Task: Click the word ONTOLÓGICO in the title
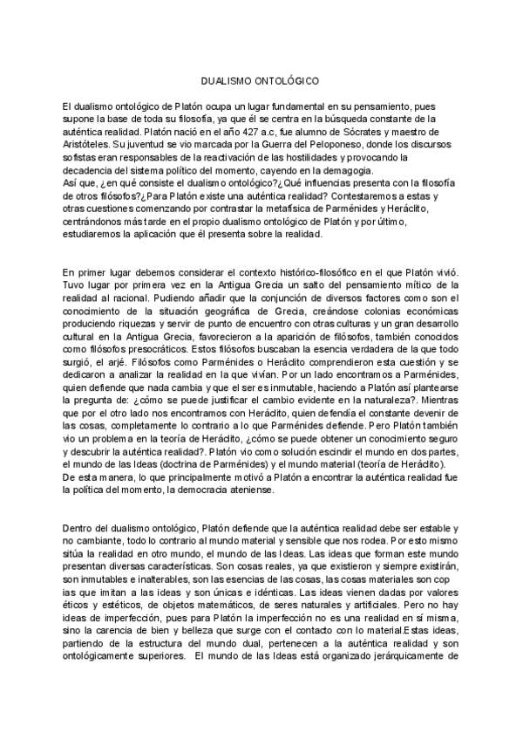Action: click(x=289, y=78)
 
